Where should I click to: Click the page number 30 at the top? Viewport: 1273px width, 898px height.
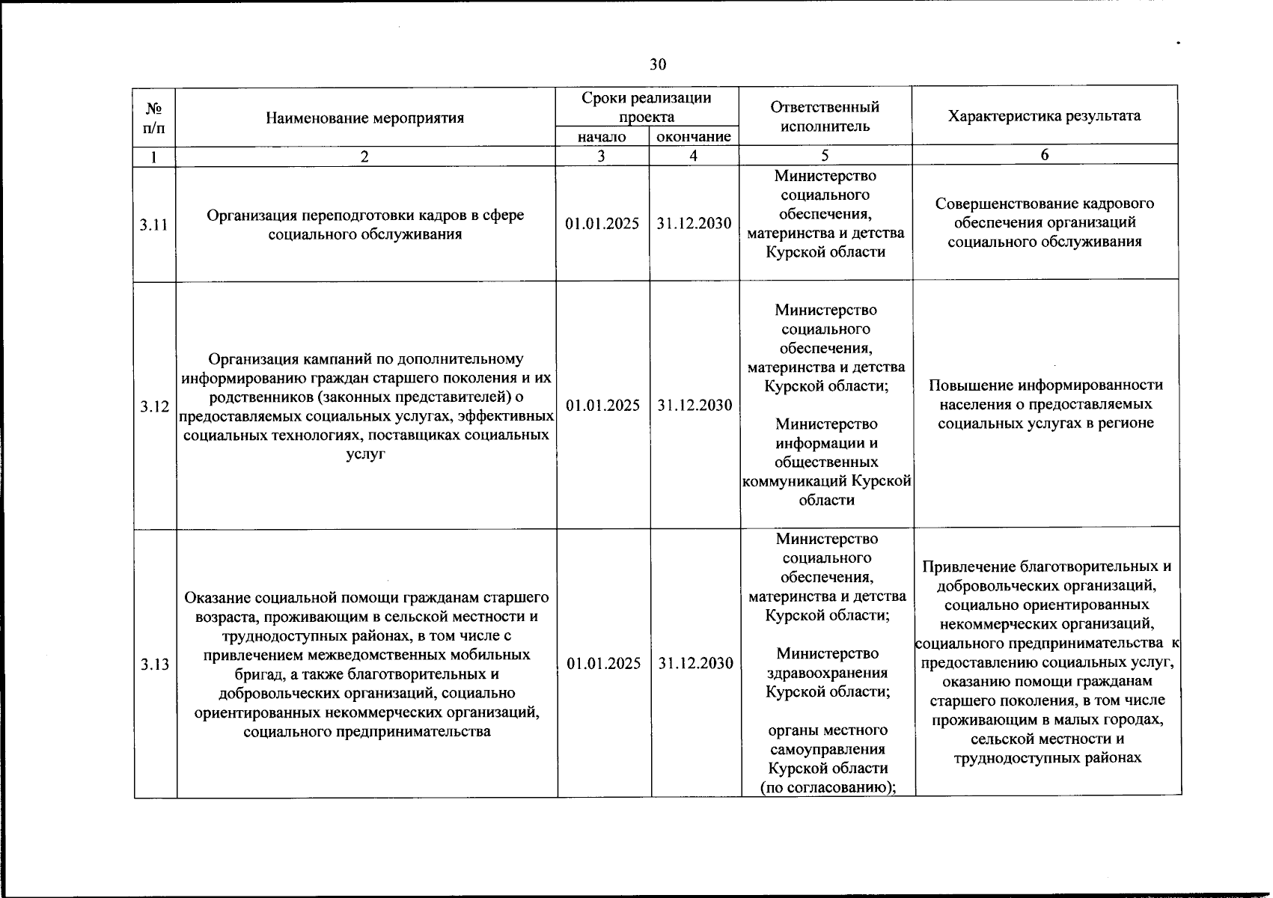point(657,64)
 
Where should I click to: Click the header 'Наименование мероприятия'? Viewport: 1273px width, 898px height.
point(364,117)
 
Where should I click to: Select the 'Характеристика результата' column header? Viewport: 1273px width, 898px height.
point(1044,115)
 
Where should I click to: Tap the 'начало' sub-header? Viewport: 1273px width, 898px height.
point(602,137)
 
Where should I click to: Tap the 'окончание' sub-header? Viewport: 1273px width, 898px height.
point(693,137)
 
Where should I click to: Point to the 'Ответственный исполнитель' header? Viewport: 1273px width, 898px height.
point(825,116)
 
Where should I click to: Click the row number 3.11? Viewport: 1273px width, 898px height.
point(153,224)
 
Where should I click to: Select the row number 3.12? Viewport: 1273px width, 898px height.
point(154,406)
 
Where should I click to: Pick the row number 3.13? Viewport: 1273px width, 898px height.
point(155,664)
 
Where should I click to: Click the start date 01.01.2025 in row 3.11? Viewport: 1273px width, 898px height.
point(602,224)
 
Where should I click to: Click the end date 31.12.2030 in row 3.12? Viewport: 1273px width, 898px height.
point(694,405)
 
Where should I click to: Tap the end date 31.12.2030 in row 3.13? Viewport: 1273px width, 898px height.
point(695,664)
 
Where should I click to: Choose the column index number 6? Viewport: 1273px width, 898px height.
point(1045,155)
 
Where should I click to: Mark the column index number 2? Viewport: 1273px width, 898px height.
point(364,156)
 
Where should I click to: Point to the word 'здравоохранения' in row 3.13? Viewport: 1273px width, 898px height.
point(828,672)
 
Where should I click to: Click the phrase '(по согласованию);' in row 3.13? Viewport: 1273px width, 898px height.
point(828,787)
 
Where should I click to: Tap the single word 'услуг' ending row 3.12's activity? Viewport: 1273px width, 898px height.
point(366,454)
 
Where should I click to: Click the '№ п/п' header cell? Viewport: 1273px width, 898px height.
point(153,117)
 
